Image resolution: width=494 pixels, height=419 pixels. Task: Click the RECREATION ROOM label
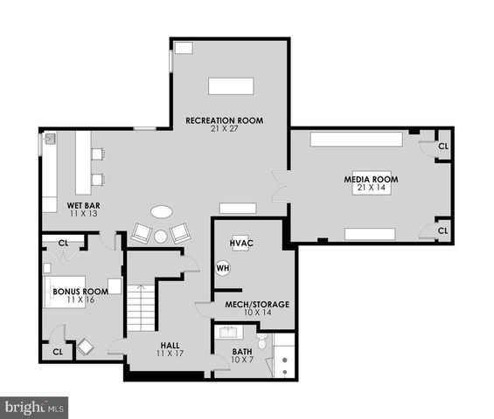tap(224, 120)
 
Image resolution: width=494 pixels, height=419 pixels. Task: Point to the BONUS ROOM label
tap(80, 292)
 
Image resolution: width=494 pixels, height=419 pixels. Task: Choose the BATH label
tap(241, 352)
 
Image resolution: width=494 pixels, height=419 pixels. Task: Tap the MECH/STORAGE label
tap(257, 304)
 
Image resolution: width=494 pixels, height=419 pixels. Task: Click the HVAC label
tap(240, 242)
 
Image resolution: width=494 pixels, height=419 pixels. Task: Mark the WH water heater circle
tap(222, 267)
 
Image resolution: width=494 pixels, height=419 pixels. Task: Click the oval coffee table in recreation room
tap(162, 211)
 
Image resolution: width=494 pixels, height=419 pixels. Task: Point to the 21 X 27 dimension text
tap(224, 129)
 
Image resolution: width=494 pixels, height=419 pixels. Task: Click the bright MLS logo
tap(35, 407)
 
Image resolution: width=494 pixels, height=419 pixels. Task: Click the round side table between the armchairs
tap(161, 236)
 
